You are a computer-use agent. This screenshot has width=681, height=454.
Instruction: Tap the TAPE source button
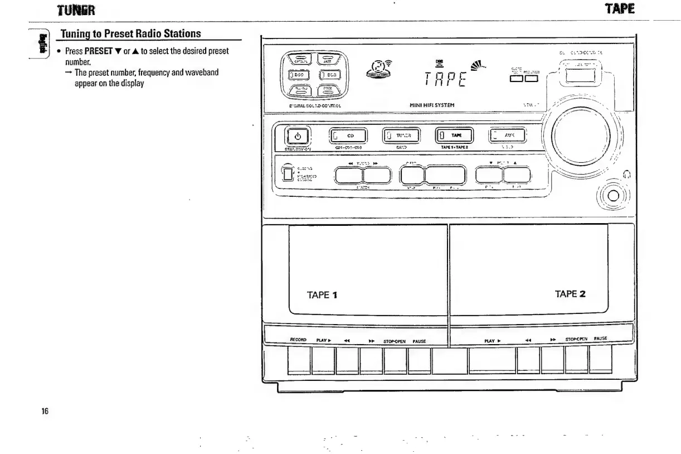coord(454,136)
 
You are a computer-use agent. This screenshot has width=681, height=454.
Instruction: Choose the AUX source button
coord(508,136)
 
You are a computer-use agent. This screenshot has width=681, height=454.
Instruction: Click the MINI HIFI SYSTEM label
coord(431,104)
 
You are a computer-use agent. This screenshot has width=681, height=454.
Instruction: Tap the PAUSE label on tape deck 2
coord(600,339)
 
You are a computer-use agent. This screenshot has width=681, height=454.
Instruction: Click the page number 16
coord(45,412)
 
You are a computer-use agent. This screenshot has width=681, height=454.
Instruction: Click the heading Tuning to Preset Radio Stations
coord(138,34)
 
